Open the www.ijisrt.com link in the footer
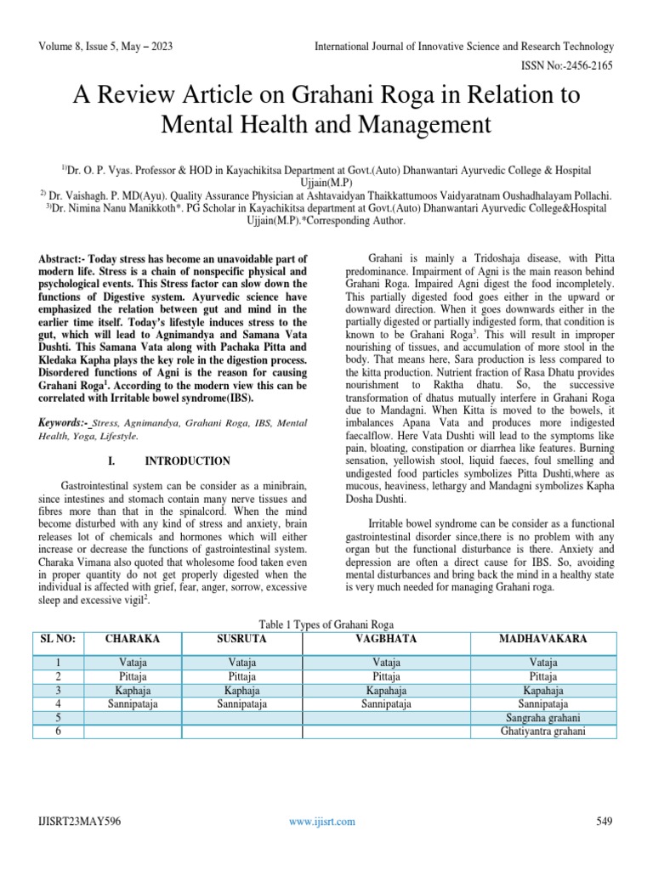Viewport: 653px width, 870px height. tap(322, 821)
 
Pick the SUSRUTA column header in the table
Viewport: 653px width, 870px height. tap(241, 637)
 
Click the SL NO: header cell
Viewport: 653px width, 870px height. tap(57, 637)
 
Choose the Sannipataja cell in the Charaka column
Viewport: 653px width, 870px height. tap(132, 703)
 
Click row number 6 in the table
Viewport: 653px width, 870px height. tap(58, 731)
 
